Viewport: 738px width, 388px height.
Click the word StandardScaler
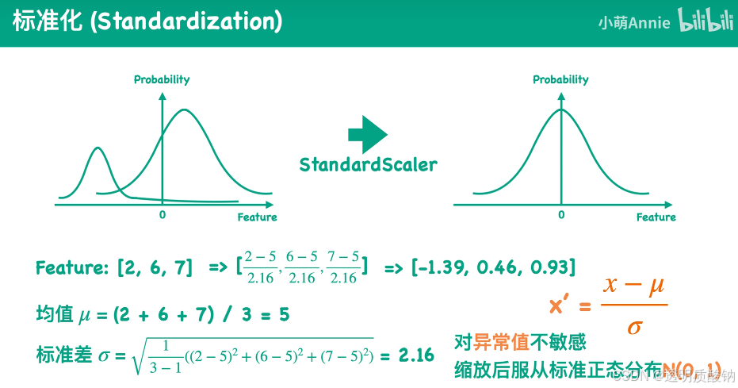click(368, 165)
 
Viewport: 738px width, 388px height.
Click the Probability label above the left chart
click(162, 79)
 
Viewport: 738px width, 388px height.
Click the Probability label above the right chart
click(560, 79)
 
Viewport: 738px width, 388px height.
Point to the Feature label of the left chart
click(257, 217)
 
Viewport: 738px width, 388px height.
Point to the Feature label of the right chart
click(656, 217)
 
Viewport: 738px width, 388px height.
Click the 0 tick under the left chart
click(163, 214)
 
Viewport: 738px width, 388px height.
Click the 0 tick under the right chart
click(561, 214)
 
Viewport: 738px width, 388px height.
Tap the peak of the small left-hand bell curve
click(98, 148)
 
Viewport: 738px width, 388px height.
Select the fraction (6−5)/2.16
click(302, 267)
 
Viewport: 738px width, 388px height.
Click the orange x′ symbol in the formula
click(560, 306)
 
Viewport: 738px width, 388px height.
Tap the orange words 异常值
click(501, 343)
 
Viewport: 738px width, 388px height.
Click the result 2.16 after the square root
click(416, 355)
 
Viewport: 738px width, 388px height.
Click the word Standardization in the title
click(186, 21)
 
